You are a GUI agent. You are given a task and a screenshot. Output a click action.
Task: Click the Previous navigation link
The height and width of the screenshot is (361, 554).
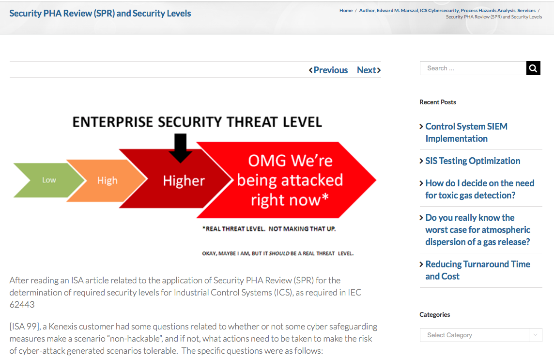click(328, 70)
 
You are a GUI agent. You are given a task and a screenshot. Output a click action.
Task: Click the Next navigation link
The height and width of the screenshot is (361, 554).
click(369, 70)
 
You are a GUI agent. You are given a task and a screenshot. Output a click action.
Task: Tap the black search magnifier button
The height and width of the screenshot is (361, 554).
click(533, 68)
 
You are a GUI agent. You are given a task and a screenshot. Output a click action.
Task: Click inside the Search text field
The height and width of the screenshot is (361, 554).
click(473, 68)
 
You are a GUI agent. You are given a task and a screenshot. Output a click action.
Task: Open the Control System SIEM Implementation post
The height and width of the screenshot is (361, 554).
click(466, 132)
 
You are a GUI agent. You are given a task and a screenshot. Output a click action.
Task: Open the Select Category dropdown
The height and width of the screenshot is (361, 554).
click(481, 335)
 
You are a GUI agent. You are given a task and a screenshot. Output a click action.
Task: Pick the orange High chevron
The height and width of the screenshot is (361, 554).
click(108, 180)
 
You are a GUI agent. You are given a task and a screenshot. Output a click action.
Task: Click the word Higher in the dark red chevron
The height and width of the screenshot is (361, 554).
click(184, 180)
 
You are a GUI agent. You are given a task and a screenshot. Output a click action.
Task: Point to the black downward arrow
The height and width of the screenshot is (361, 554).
click(181, 148)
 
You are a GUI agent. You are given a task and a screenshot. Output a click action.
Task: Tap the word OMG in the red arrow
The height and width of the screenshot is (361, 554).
click(267, 161)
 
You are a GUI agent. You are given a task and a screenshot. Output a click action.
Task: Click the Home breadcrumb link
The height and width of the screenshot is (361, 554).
click(346, 10)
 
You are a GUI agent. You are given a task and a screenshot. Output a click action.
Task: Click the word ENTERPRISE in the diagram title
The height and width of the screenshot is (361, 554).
click(113, 122)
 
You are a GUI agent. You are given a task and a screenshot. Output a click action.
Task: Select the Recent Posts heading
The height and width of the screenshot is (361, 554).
click(437, 102)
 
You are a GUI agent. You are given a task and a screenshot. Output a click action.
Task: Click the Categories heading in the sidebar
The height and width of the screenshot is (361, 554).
click(434, 314)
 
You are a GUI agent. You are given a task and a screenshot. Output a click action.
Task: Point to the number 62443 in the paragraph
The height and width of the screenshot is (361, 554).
click(22, 304)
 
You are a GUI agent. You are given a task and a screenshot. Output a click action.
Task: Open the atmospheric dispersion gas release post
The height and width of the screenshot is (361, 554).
click(477, 230)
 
